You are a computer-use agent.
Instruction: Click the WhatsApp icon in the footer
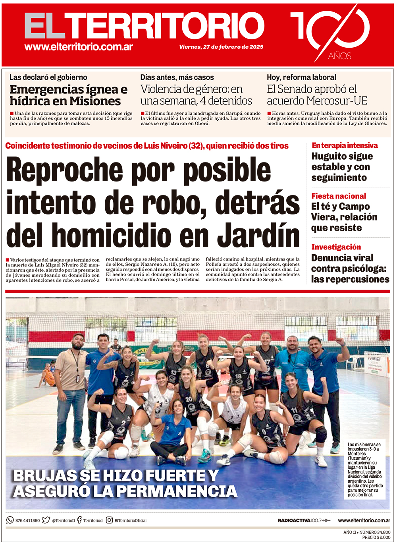tap(10, 520)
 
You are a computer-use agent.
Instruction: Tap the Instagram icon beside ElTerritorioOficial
tap(109, 520)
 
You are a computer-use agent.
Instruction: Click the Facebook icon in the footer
tap(79, 520)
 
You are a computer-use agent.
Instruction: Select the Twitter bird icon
tap(46, 520)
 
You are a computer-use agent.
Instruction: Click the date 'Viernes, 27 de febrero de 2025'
tap(221, 47)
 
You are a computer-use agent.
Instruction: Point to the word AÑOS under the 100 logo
tap(339, 56)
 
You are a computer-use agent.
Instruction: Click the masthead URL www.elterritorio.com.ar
tap(79, 47)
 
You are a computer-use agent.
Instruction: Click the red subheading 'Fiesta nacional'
tap(338, 196)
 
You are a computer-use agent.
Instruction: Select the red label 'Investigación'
tap(336, 247)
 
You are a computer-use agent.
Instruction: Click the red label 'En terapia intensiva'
tap(345, 145)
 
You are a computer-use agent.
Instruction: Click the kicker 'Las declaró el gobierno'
tap(48, 77)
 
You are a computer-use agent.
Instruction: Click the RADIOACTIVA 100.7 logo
tap(304, 520)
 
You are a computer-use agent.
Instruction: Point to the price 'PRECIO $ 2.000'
tap(376, 537)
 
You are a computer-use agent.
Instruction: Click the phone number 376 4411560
tap(27, 520)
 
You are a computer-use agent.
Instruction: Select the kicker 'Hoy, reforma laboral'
tap(301, 77)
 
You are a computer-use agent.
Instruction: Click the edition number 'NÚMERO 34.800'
tap(375, 532)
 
